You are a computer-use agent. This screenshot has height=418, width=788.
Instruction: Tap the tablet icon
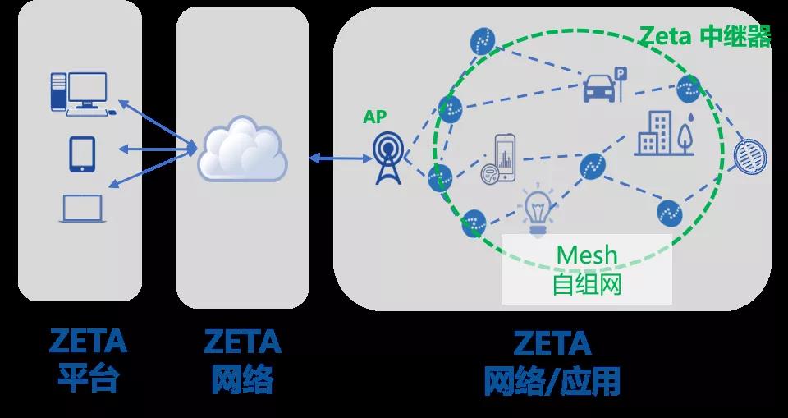pos(82,154)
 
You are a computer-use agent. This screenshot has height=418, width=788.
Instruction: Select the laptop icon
pos(82,209)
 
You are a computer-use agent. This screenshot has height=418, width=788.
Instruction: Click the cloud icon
pos(242,149)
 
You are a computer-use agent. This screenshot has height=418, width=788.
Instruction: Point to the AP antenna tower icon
pos(387,158)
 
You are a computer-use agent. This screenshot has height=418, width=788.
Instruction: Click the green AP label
pos(375,117)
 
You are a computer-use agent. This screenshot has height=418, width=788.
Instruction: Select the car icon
pos(599,88)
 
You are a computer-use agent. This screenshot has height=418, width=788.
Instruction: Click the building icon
pos(654,133)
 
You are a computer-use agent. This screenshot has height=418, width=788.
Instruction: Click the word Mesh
pos(586,255)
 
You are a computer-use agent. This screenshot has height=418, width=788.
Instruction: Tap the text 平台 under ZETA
pos(88,379)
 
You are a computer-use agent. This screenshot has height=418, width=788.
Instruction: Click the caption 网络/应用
pos(552,381)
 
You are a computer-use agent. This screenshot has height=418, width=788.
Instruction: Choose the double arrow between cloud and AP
pos(340,158)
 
